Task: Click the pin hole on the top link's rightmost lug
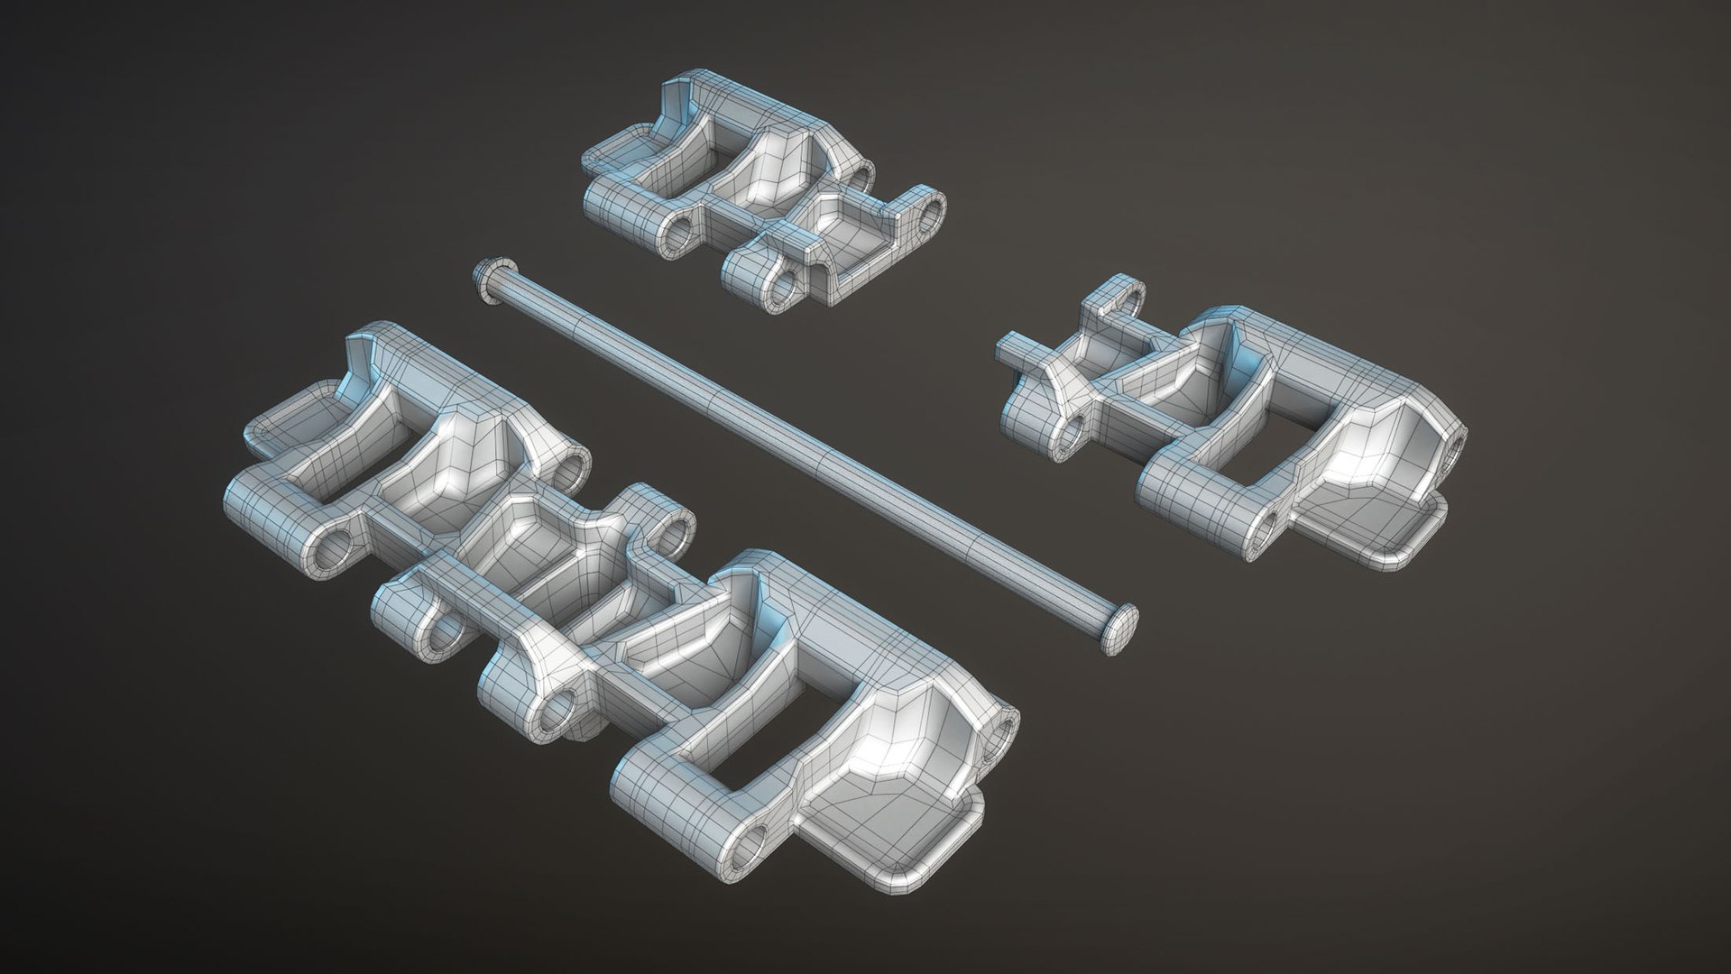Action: pos(929,210)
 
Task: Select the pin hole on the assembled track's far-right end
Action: pos(1003,730)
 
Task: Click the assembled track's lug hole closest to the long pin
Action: pos(672,534)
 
